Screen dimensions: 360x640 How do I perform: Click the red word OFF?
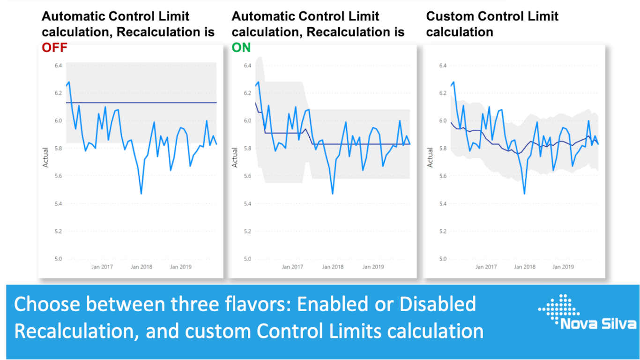pyautogui.click(x=55, y=48)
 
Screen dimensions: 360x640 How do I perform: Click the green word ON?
pyautogui.click(x=241, y=48)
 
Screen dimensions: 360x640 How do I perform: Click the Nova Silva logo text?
pyautogui.click(x=598, y=324)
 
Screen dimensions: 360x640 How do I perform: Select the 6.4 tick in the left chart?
pyautogui.click(x=58, y=65)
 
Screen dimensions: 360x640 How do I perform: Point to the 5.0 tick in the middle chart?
pyautogui.click(x=247, y=259)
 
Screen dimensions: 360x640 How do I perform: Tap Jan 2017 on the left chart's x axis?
pyautogui.click(x=102, y=267)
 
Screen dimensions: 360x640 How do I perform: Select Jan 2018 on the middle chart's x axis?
pyautogui.click(x=332, y=267)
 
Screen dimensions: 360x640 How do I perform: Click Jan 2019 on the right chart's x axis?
pyautogui.click(x=563, y=267)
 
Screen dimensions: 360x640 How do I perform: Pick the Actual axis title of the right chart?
pyautogui.click(x=430, y=158)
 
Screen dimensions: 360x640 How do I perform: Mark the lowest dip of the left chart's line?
pyautogui.click(x=141, y=194)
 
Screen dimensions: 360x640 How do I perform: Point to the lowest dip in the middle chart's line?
pyautogui.click(x=332, y=194)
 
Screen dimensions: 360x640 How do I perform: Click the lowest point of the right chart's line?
pyautogui.click(x=524, y=194)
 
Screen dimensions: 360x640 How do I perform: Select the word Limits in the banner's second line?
pyautogui.click(x=355, y=331)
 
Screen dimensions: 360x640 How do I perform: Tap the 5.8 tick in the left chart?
pyautogui.click(x=58, y=148)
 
